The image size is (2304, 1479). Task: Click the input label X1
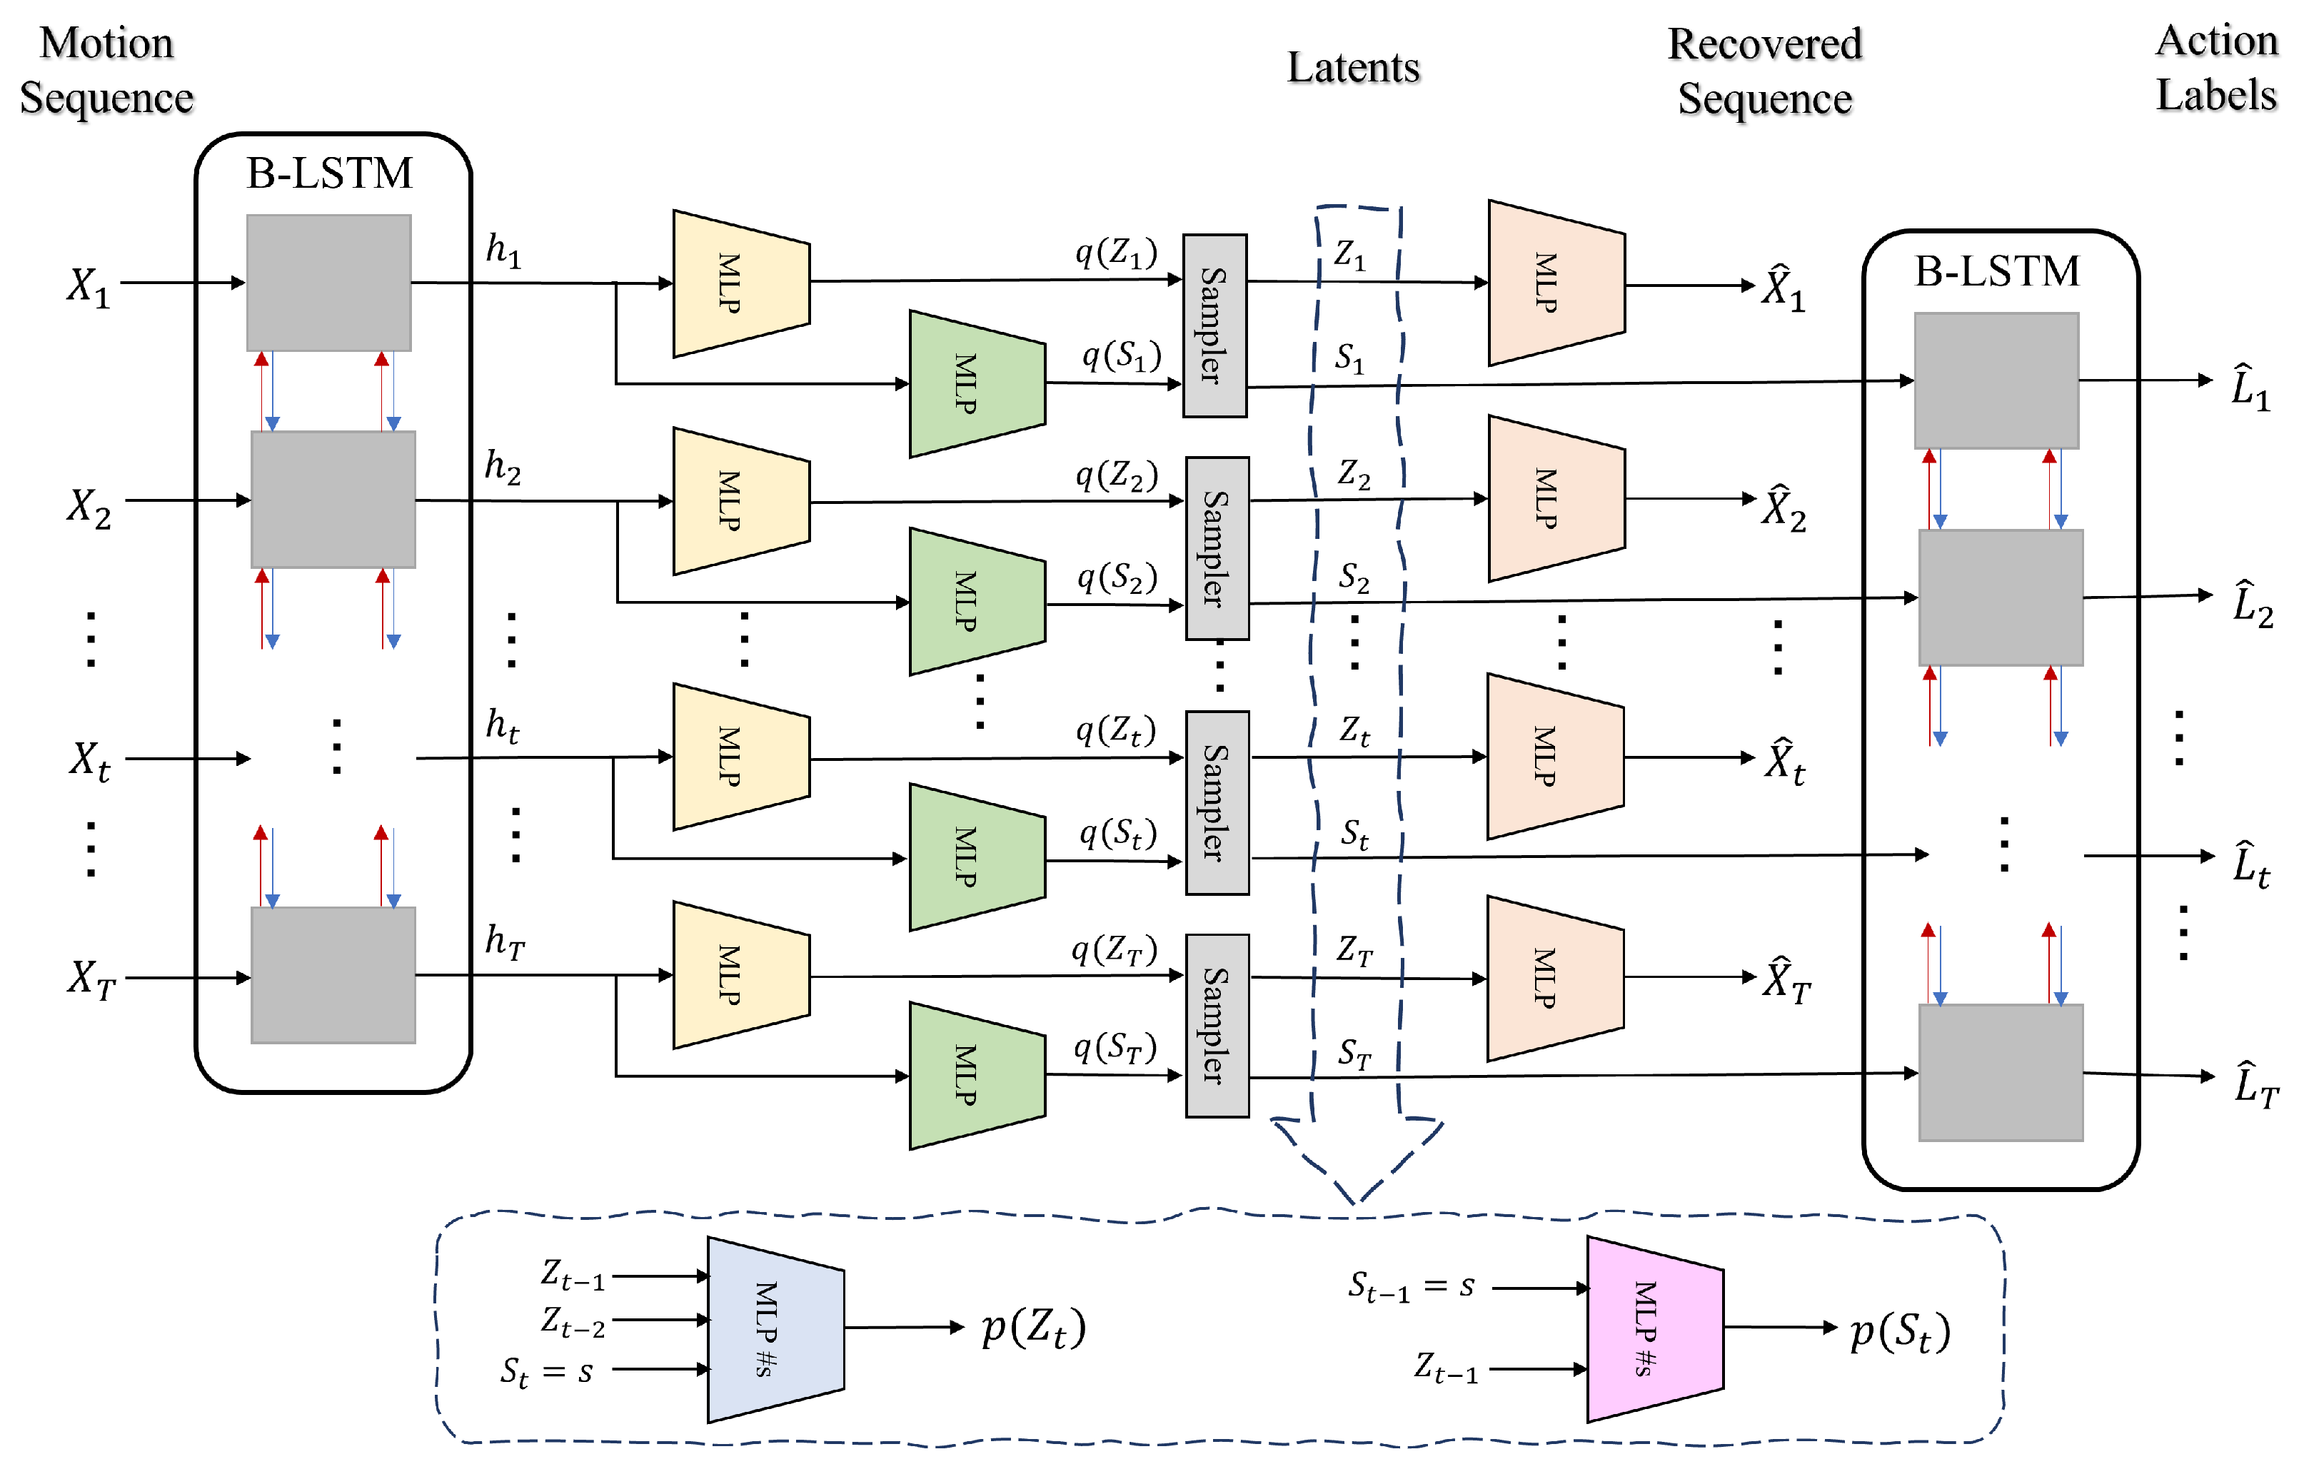(89, 286)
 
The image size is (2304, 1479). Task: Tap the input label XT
(91, 979)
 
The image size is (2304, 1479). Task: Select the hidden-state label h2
(503, 467)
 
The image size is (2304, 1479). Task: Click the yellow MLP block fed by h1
(740, 283)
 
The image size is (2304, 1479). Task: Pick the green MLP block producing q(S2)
(976, 601)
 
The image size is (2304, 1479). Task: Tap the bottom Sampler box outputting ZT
(1217, 1025)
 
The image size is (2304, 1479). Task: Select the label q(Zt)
(1115, 732)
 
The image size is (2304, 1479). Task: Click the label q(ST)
(1114, 1048)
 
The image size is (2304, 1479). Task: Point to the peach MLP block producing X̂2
(1555, 498)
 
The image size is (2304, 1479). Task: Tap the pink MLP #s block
(1654, 1329)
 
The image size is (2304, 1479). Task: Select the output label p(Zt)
(1032, 1329)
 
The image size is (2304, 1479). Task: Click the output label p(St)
(1900, 1333)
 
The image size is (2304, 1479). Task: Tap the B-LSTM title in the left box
(328, 174)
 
